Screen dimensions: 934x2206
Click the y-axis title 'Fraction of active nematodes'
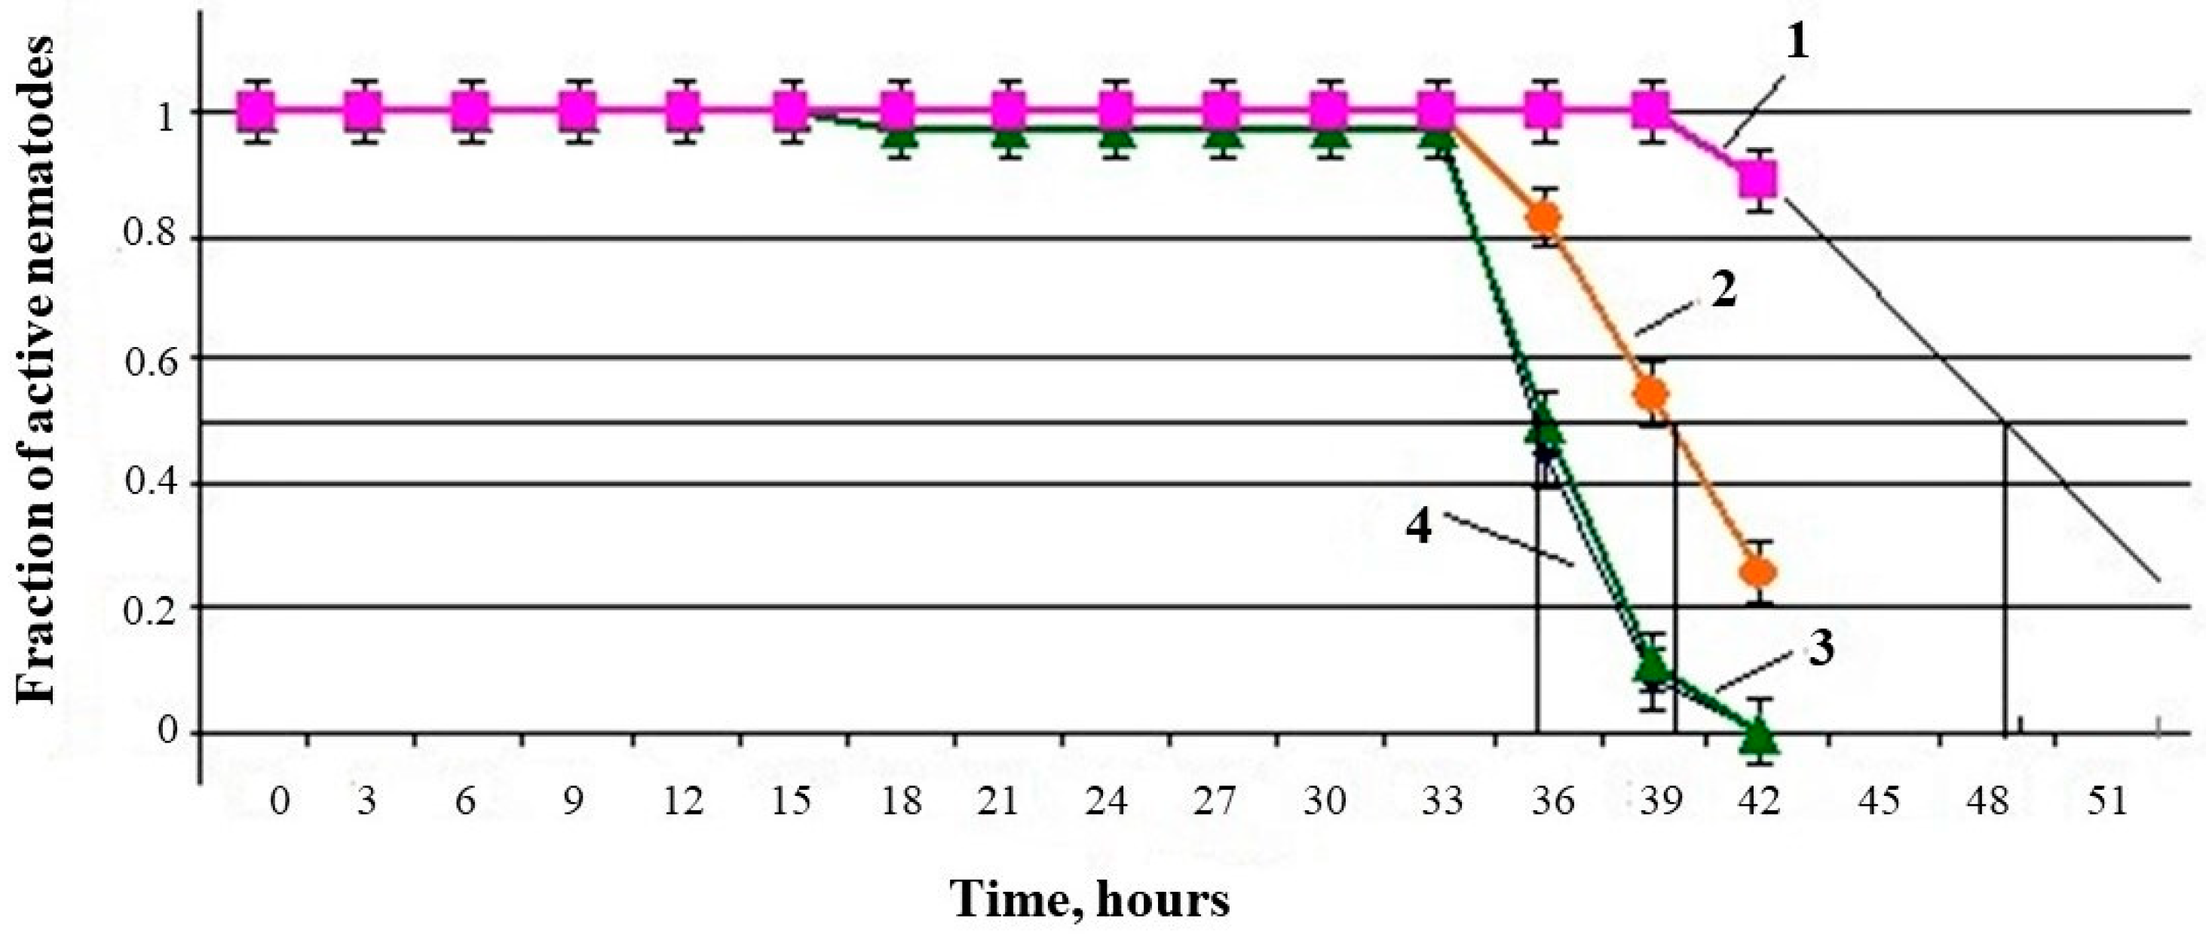(x=36, y=370)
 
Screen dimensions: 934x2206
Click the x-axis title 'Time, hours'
(x=1090, y=900)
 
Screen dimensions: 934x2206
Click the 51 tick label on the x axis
(x=2107, y=802)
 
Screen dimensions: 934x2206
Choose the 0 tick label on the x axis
(x=279, y=802)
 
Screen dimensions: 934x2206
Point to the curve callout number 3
(x=1821, y=650)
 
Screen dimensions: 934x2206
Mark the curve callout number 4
(x=1419, y=526)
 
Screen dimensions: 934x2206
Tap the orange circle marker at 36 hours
(x=1545, y=217)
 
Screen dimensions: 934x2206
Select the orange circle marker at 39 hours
(x=1652, y=394)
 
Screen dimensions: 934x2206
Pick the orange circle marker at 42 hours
(x=1759, y=572)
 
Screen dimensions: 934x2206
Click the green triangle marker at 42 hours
(x=1759, y=735)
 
